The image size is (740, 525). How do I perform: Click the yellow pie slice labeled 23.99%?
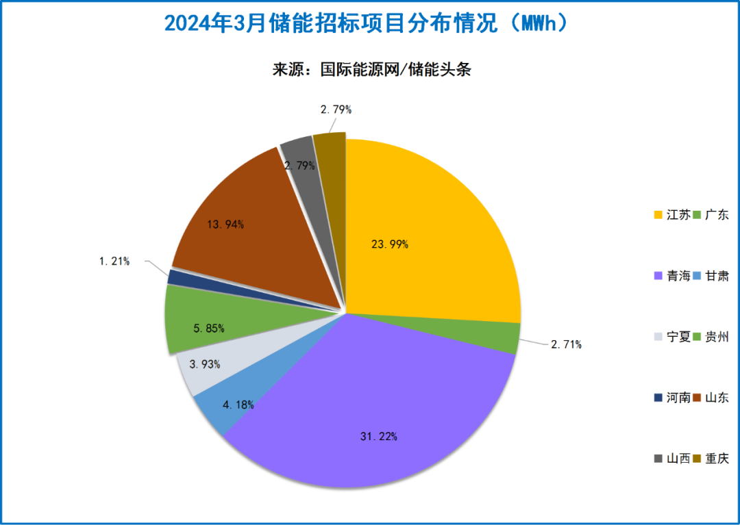coord(425,233)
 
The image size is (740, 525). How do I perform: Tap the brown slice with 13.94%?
coord(260,219)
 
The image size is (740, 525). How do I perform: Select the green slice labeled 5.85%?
coord(206,322)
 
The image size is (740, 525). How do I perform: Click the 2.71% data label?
coord(566,344)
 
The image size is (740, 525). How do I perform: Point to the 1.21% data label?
coord(114,261)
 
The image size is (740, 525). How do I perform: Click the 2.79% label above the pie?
coord(336,109)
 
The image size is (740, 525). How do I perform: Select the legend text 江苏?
coord(678,215)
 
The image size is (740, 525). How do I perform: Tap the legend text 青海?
coord(678,276)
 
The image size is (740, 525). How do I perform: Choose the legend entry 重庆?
coord(716,459)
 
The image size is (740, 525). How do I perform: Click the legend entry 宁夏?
coord(678,337)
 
